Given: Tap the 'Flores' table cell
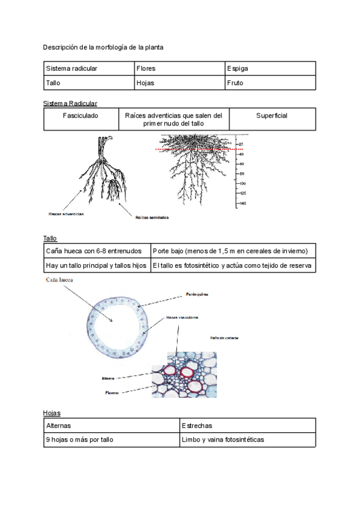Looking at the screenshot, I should click(180, 68).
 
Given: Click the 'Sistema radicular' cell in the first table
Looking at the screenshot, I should click(89, 68).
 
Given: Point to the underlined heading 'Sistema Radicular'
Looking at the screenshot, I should click(70, 103).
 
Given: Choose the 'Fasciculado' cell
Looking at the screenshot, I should click(81, 115).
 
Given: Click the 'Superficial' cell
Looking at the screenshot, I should click(272, 115).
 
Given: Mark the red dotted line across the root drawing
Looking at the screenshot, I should click(192, 149).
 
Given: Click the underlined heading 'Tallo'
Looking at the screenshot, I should click(50, 238).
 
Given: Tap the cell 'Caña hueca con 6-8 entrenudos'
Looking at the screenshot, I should click(96, 250).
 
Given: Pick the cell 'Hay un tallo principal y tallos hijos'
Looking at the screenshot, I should click(96, 265).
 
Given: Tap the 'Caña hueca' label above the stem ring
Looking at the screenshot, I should click(59, 280).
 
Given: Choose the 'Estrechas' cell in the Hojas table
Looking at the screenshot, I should click(247, 426).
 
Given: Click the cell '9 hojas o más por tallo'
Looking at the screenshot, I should click(112, 440).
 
